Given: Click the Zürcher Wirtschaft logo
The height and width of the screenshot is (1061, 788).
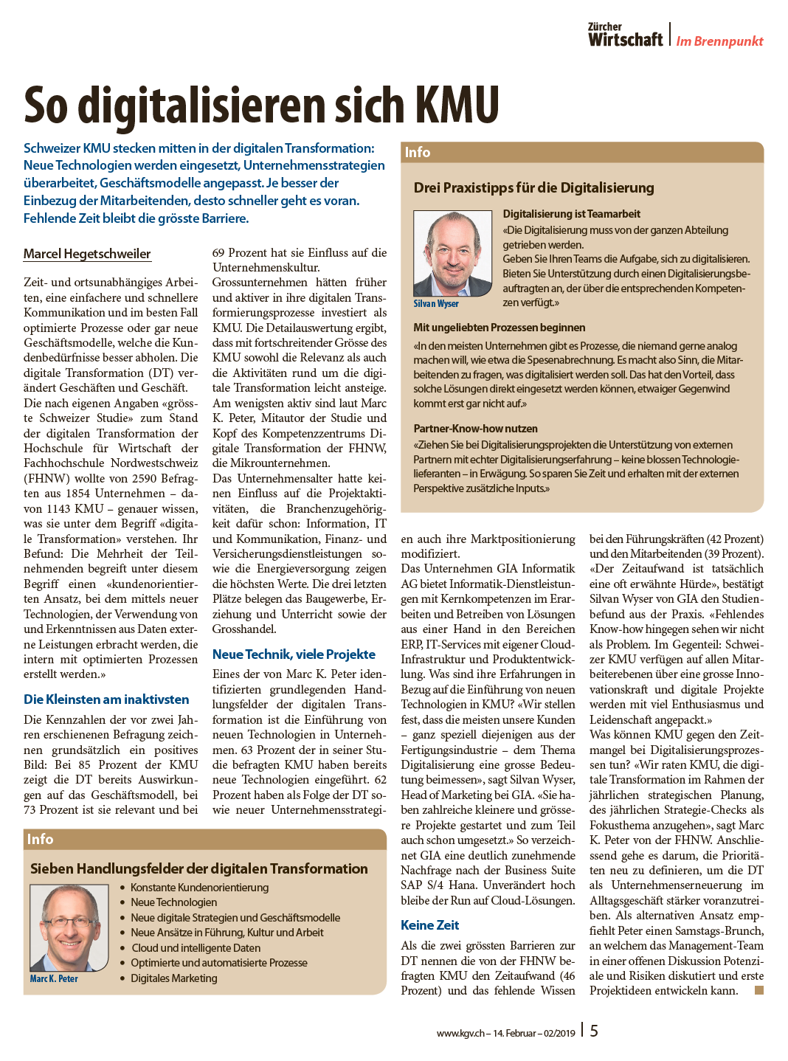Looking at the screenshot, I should click(625, 35).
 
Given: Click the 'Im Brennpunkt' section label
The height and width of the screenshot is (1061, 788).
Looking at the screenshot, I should click(719, 41).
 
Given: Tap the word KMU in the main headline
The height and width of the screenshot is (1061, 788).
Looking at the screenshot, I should click(457, 106).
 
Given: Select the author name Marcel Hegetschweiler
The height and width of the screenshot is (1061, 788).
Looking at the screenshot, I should click(87, 254).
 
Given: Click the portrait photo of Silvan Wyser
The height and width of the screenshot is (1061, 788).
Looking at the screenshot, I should click(452, 253).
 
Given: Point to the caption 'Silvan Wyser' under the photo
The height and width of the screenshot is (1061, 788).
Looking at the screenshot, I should click(436, 304).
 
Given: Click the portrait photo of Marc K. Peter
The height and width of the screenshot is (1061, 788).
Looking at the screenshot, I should click(69, 927).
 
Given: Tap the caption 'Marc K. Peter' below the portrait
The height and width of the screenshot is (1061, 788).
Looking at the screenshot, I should click(54, 979).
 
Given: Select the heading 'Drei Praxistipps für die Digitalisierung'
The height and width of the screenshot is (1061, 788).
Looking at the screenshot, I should click(533, 188).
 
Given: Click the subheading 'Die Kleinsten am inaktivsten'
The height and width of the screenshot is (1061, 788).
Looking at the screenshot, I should click(106, 699).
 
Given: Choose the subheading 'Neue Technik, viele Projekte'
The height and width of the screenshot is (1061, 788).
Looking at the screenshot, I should click(294, 654).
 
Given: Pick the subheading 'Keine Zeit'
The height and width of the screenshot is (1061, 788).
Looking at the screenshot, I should click(429, 925).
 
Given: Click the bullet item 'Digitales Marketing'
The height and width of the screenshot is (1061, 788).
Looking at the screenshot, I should click(174, 978).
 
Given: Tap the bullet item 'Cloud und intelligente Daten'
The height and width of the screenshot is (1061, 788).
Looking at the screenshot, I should click(196, 948).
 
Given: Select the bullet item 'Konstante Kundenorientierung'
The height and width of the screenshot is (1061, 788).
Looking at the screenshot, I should click(199, 888).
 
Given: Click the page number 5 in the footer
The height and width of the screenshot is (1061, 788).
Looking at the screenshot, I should click(594, 1031).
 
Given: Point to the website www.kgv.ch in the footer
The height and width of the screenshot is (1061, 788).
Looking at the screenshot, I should click(460, 1033).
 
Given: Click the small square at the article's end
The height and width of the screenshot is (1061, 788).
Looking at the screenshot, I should click(758, 990).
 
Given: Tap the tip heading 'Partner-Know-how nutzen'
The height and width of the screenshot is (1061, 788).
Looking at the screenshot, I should click(475, 429).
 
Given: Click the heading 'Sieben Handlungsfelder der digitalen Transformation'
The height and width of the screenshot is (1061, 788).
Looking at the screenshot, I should click(198, 869).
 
